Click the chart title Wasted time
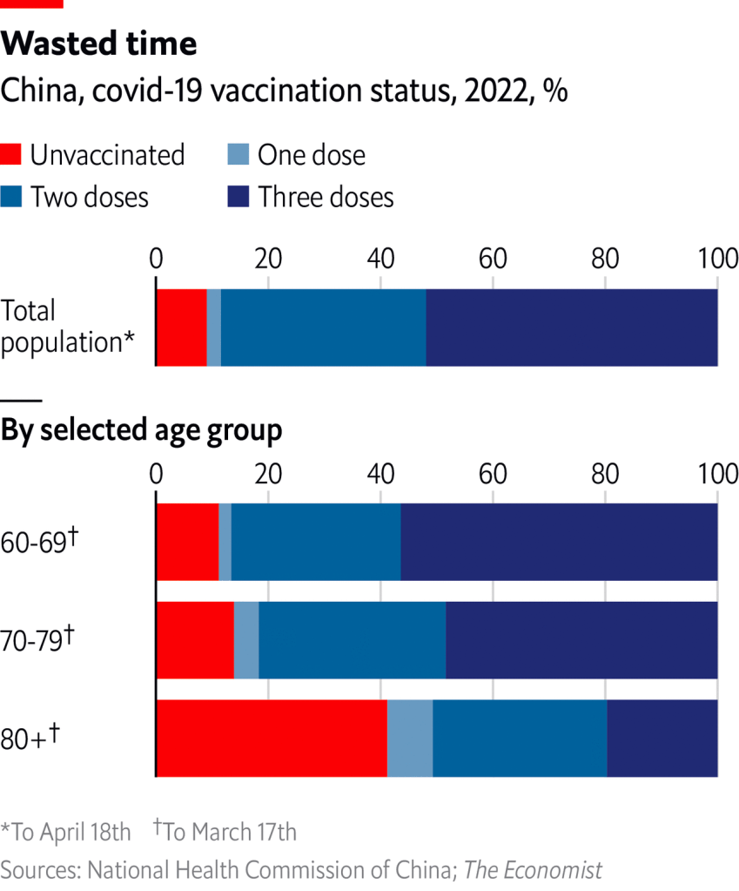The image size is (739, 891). pos(99,43)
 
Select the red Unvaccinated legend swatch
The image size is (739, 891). pos(11,154)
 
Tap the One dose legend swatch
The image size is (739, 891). pos(238,154)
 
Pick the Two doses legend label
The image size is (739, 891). pos(90,197)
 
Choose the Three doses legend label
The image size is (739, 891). pos(326,197)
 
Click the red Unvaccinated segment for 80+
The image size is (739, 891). pos(271,738)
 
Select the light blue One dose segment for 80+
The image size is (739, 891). pos(410,738)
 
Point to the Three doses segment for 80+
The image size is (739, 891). pos(662,738)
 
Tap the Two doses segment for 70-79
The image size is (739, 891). pos(353,640)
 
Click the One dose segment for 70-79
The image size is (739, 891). pos(246,640)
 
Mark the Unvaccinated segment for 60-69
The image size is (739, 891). pos(187,542)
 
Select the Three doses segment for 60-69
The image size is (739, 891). pos(559,542)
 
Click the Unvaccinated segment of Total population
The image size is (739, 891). pos(181,327)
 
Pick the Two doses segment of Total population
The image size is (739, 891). pos(323,327)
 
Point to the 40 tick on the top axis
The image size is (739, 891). pos(380,259)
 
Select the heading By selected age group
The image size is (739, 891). pos(142,430)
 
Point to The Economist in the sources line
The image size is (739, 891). pos(533,869)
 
